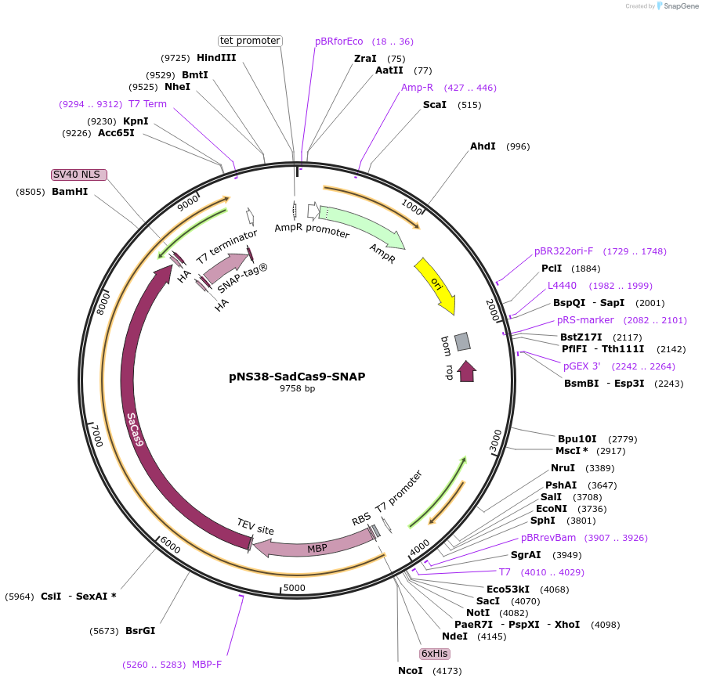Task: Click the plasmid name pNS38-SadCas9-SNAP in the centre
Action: pos(297,376)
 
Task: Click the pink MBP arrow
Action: pos(313,547)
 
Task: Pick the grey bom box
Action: pos(462,341)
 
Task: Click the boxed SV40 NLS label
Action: pos(78,175)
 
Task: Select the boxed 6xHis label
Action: pos(434,653)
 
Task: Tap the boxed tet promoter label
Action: pos(250,41)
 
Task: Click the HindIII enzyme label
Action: pos(216,58)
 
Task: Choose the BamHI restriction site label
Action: pos(70,191)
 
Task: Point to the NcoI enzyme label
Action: pos(410,670)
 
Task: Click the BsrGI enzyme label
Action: pos(140,629)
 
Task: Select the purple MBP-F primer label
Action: pos(207,665)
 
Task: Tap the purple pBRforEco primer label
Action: pos(339,41)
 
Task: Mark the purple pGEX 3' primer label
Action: pos(582,366)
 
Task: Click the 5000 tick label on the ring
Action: pos(294,587)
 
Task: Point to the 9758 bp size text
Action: pos(297,388)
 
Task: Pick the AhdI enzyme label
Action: pos(483,146)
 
